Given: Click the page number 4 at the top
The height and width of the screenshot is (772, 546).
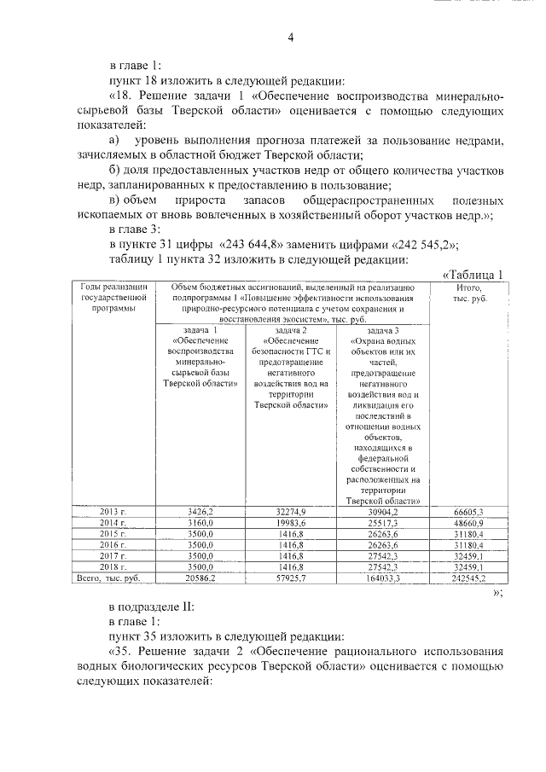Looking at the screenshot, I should pos(290,38).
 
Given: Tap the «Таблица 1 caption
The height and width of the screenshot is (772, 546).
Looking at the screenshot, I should pos(473,273).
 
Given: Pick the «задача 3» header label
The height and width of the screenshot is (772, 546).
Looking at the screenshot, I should pos(381,330).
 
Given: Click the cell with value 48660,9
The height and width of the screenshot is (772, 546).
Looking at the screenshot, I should pos(469,521).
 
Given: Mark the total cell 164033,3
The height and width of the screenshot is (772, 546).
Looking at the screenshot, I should pos(381,578).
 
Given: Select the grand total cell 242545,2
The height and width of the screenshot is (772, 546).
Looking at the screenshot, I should pos(469,578).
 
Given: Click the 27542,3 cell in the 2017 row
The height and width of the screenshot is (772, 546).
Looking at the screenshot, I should pos(381,554).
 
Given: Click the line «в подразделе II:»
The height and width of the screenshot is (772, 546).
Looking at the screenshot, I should pos(147,607).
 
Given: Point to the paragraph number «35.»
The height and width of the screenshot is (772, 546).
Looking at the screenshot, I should pos(123,651).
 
